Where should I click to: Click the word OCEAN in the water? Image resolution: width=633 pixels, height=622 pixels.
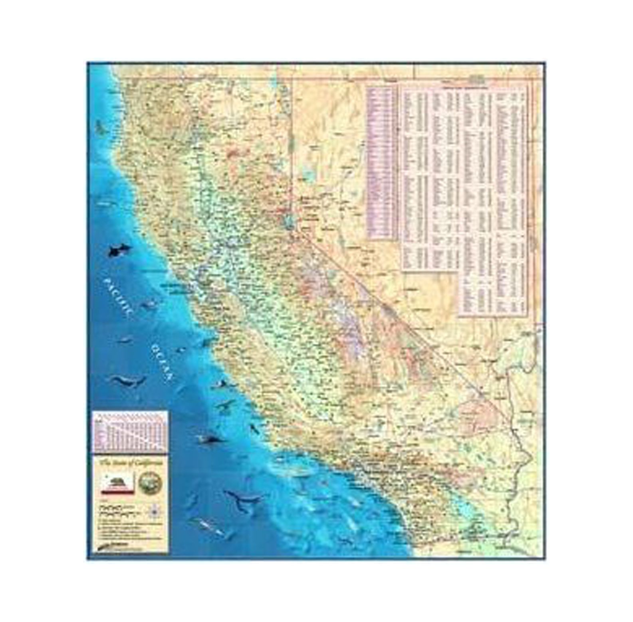(x=162, y=362)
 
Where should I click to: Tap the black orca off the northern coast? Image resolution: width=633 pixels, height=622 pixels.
(x=119, y=250)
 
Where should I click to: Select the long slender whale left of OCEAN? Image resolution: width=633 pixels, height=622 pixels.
(x=129, y=381)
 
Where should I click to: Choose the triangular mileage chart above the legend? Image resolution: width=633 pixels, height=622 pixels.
(x=130, y=432)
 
